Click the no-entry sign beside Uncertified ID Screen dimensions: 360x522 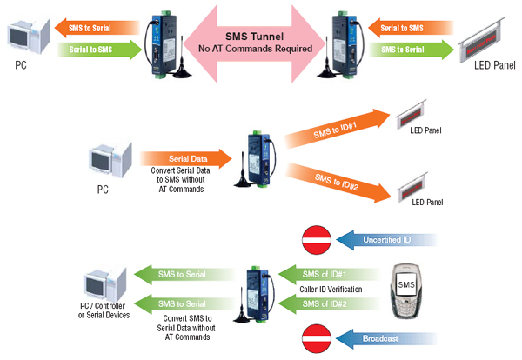(315, 237)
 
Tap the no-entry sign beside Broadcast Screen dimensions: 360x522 (315, 337)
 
